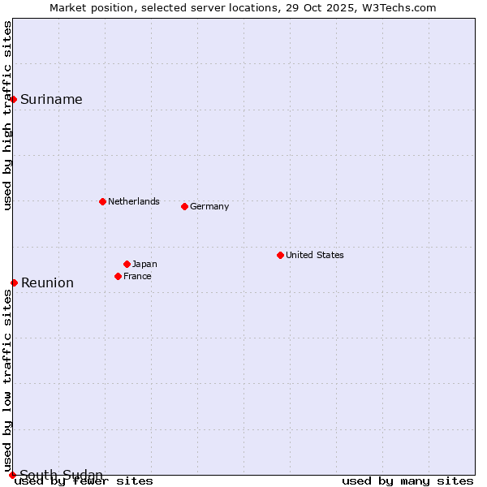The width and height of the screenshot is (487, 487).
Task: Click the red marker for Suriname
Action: pos(14,99)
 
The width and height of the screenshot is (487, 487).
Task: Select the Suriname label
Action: pos(51,99)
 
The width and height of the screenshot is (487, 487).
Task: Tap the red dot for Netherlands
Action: pos(102,201)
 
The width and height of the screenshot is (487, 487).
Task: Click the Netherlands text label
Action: pos(134,201)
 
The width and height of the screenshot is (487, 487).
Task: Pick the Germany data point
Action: pos(184,206)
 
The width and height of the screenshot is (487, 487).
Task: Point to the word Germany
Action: pos(209,206)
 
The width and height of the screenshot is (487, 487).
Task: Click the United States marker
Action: pos(280,255)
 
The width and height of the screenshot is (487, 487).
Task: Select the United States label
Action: pos(315,255)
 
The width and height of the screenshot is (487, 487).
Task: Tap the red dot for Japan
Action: pos(127,264)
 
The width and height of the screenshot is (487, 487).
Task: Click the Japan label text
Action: pos(144,264)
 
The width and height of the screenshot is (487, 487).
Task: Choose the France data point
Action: pos(118,276)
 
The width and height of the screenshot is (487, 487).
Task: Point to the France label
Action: pos(137,276)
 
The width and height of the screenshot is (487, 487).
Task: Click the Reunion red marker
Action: pos(14,282)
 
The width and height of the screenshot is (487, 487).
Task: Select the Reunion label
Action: pos(47,282)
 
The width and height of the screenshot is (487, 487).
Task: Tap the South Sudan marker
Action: pos(12,475)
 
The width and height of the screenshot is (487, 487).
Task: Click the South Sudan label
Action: pos(61,475)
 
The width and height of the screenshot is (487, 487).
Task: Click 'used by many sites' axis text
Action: pos(407,481)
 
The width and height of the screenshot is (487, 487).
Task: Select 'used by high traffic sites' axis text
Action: pos(7,115)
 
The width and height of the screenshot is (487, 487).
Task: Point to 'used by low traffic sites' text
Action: pos(7,373)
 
